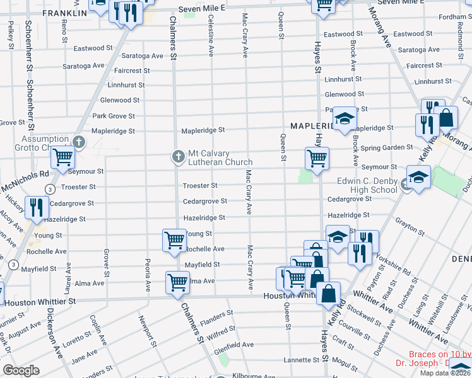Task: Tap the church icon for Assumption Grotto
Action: point(78,142)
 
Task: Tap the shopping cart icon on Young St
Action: point(174,240)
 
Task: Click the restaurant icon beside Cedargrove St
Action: point(36,207)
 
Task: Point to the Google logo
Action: point(21,370)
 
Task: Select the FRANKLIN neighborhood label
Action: point(64,13)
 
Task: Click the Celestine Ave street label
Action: point(210,35)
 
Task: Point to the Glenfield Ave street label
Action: point(234,345)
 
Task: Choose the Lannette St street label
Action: point(301,360)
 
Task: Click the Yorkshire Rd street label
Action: point(396,264)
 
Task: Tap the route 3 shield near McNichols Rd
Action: point(49,188)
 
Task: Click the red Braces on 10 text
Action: point(440,355)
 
